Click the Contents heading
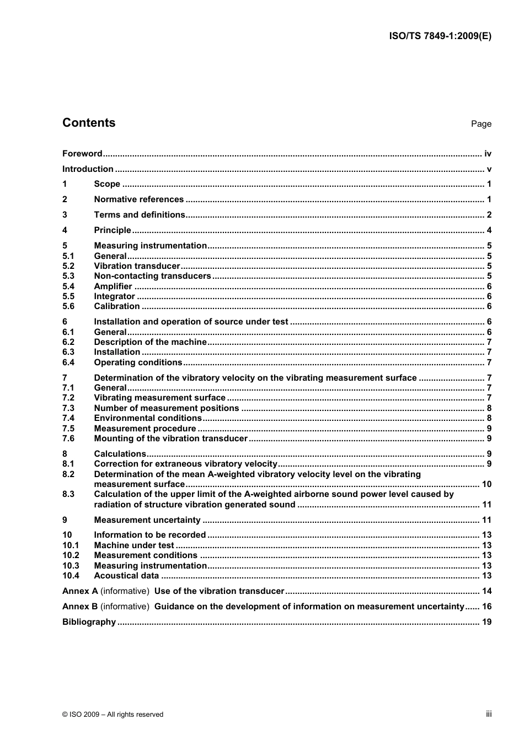89,123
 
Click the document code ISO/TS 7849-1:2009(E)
440,36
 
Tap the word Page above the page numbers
481,124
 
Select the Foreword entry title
82,154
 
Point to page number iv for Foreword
488,154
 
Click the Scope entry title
107,184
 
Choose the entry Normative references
138,199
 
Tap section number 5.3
68,276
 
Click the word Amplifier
113,286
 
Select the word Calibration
117,306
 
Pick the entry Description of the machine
150,342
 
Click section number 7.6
68,439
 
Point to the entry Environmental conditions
148,418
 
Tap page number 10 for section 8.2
486,484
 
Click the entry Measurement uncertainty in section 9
147,520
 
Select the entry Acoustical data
126,576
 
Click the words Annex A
80,591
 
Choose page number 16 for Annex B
486,607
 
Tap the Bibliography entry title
89,622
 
